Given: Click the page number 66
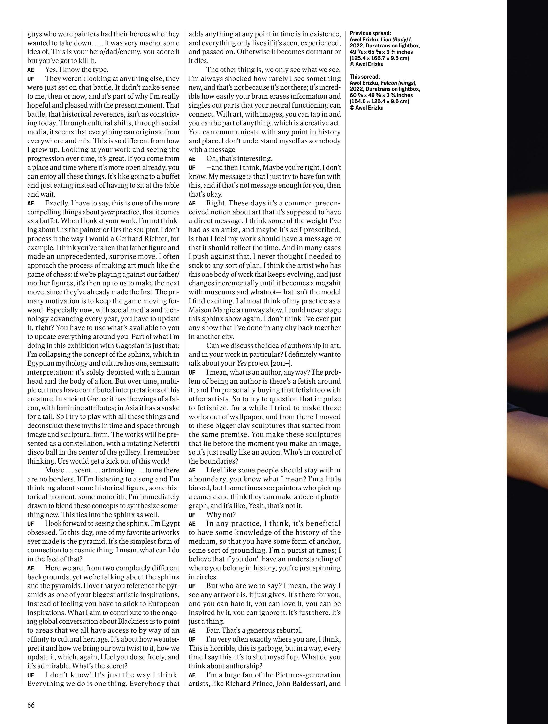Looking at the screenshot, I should pyautogui.click(x=31, y=705).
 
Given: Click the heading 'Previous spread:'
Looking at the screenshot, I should pyautogui.click(x=370, y=33).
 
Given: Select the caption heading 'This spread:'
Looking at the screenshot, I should pyautogui.click(x=365, y=77).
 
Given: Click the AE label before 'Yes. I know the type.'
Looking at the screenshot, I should pyautogui.click(x=31, y=70).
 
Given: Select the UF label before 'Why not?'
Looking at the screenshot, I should pyautogui.click(x=192, y=514).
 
